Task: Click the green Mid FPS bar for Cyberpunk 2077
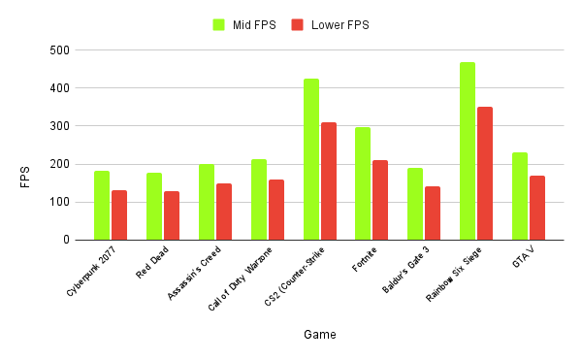tap(102, 206)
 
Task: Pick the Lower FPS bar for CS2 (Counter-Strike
tap(329, 181)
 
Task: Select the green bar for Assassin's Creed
tap(207, 202)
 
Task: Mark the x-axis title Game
tap(319, 335)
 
